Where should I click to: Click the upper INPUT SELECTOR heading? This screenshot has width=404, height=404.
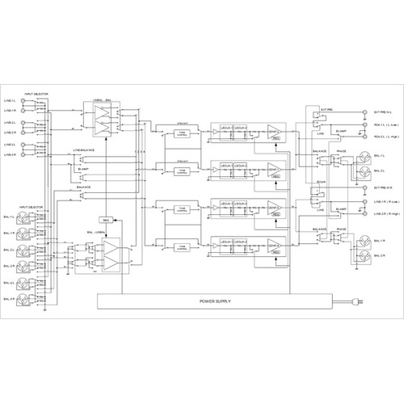pos(36,94)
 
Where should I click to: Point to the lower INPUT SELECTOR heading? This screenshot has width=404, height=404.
pos(36,207)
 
